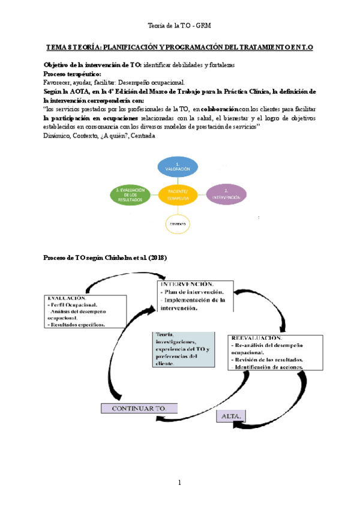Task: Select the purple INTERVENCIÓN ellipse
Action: pos(226,193)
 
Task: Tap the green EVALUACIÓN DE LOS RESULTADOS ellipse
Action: pos(130,193)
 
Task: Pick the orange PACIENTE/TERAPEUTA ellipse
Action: pos(178,193)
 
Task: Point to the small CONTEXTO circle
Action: pos(178,223)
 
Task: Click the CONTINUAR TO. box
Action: pos(139,408)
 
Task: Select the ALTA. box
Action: pos(231,415)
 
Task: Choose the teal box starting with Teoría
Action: pos(183,348)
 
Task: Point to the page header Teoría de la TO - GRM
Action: pos(179,25)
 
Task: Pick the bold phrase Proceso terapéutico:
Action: pos(70,74)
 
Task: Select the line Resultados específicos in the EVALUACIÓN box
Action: pos(77,325)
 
